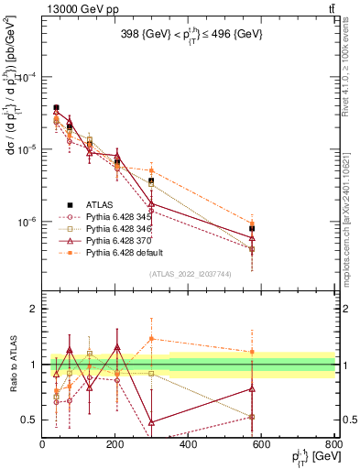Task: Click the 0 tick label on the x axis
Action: (x=43, y=444)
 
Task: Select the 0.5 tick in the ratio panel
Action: (x=29, y=420)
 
